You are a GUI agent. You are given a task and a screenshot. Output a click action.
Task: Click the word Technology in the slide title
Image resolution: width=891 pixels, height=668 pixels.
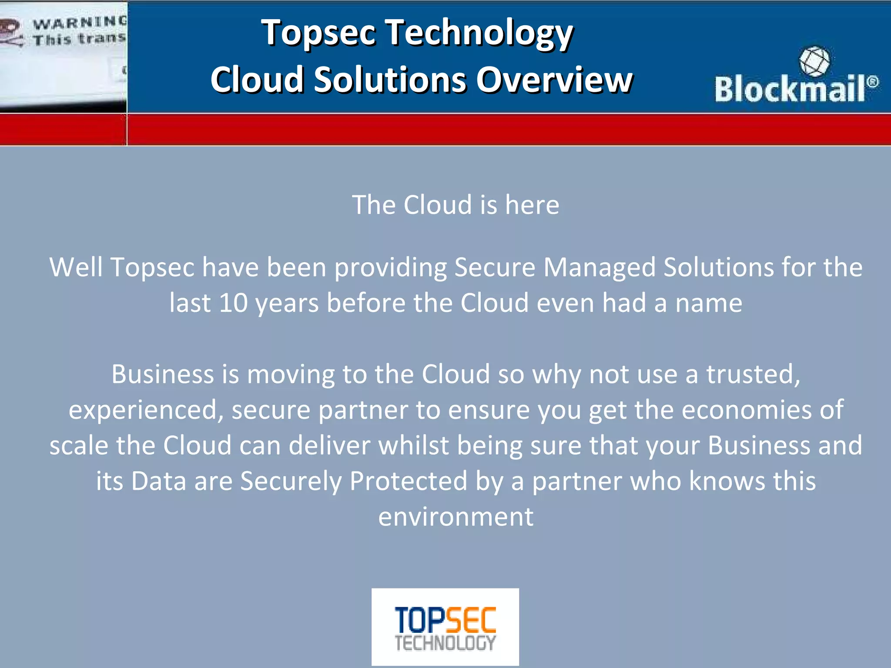click(x=479, y=33)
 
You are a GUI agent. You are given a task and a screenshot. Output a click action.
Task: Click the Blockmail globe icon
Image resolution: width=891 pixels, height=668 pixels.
click(x=814, y=61)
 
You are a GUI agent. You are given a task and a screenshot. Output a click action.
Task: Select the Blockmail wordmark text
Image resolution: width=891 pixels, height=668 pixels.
click(x=790, y=89)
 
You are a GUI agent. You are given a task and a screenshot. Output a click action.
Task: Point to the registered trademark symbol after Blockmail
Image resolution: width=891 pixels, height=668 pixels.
click(x=872, y=82)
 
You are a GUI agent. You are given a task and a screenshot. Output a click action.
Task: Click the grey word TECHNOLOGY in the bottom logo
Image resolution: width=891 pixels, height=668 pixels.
click(x=445, y=643)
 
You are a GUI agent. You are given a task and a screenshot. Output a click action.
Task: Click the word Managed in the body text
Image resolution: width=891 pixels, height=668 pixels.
click(x=599, y=267)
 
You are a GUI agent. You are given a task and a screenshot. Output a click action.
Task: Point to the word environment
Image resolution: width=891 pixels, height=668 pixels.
click(x=456, y=517)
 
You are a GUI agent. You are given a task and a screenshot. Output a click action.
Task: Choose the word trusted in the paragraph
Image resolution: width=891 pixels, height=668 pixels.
click(x=752, y=374)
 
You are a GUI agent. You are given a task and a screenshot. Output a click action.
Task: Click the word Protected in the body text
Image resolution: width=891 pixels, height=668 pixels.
click(x=409, y=481)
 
